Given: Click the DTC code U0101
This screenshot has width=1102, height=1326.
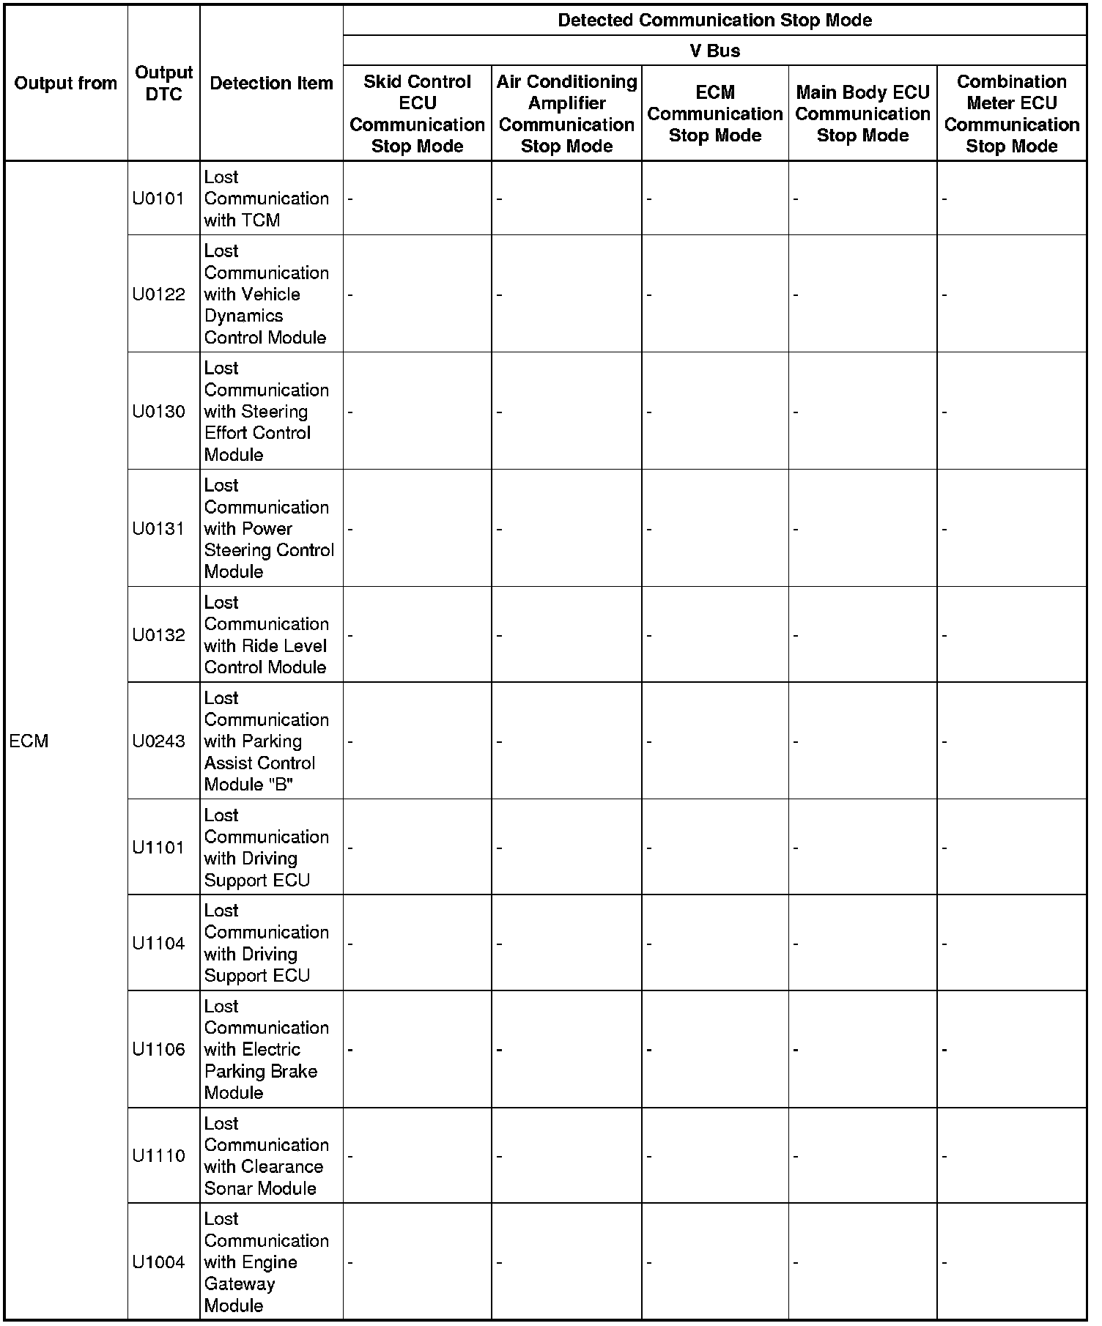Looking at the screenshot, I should point(158,199).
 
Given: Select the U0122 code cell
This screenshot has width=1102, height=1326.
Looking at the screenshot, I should point(158,295).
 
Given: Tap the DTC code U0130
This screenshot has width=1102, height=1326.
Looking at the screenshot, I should point(158,412).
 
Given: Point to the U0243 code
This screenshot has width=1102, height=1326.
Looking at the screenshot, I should point(158,741).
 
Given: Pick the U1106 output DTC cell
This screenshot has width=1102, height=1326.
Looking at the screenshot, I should point(158,1050).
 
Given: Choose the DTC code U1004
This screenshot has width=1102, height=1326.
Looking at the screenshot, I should point(158,1262).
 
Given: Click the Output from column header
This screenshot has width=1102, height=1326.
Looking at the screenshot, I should point(66,84).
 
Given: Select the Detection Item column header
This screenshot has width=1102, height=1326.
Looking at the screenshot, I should point(271,84).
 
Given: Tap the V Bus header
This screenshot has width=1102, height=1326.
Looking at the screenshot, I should point(714,51).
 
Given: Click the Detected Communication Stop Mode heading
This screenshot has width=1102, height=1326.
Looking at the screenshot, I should point(714,20).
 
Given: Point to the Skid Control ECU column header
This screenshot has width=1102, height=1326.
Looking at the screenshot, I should point(417,114).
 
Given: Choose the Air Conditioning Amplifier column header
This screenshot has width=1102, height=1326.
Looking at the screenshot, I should point(566,114).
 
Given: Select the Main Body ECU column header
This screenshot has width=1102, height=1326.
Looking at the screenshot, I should point(862,114).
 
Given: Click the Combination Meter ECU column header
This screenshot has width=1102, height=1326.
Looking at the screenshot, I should point(1011,114).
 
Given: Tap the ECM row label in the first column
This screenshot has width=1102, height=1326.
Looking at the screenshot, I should point(29,741).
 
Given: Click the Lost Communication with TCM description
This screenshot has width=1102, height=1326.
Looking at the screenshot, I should point(266,199).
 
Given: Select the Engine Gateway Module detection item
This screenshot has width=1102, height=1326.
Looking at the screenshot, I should point(266,1262).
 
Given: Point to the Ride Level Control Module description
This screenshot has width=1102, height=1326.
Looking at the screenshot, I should point(266,635).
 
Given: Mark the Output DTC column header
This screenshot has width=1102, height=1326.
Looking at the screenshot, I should point(163,84).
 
